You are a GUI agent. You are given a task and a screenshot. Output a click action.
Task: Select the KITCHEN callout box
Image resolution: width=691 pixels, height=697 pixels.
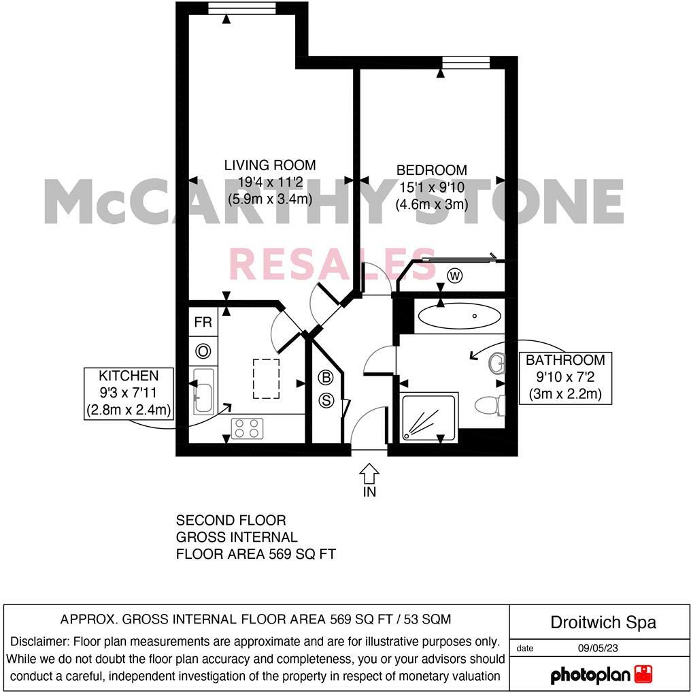pyautogui.click(x=129, y=393)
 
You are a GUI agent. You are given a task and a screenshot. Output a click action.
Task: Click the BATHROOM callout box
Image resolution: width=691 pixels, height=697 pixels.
pyautogui.click(x=565, y=377)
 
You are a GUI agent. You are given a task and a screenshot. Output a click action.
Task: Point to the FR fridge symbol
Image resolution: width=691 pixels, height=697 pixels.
pyautogui.click(x=203, y=323)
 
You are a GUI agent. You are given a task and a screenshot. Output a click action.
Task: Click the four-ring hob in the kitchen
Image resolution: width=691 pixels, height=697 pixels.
pyautogui.click(x=247, y=428)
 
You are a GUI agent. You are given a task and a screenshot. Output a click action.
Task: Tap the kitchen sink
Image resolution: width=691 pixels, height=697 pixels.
pyautogui.click(x=203, y=391)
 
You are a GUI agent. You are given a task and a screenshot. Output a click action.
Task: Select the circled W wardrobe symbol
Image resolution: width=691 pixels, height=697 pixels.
pyautogui.click(x=455, y=276)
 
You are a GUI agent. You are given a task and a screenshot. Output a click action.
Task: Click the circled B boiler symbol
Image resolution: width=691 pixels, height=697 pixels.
pyautogui.click(x=326, y=377)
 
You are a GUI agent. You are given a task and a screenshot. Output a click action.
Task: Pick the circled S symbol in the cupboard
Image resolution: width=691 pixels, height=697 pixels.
pyautogui.click(x=326, y=401)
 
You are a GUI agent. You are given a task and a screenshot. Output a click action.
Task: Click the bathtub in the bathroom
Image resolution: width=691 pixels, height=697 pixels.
pyautogui.click(x=459, y=316)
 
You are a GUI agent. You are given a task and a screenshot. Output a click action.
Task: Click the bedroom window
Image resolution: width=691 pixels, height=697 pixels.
pyautogui.click(x=465, y=63)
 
